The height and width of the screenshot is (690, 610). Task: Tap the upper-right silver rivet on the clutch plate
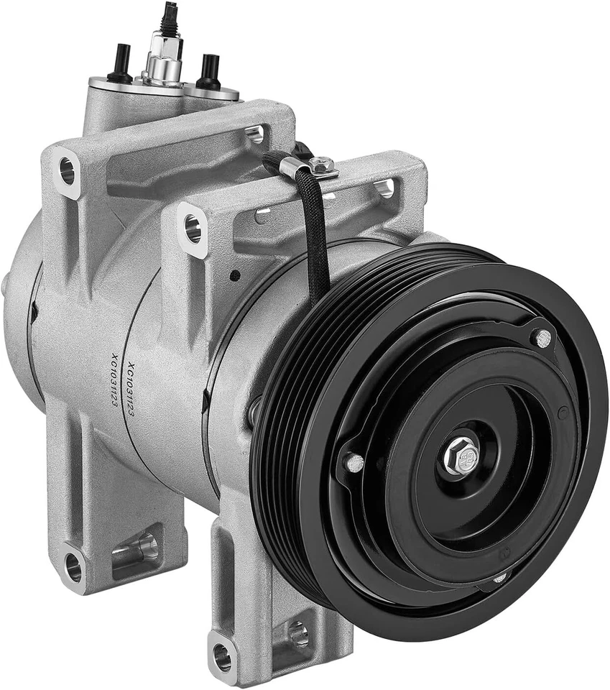(543, 336)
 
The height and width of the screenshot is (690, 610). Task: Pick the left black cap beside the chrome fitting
(119, 65)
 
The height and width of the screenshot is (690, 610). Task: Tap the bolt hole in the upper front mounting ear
(193, 227)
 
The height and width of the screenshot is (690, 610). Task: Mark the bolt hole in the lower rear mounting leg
(73, 567)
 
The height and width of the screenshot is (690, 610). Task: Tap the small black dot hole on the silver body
(234, 275)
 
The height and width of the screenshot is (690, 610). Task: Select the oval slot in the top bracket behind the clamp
(254, 133)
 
